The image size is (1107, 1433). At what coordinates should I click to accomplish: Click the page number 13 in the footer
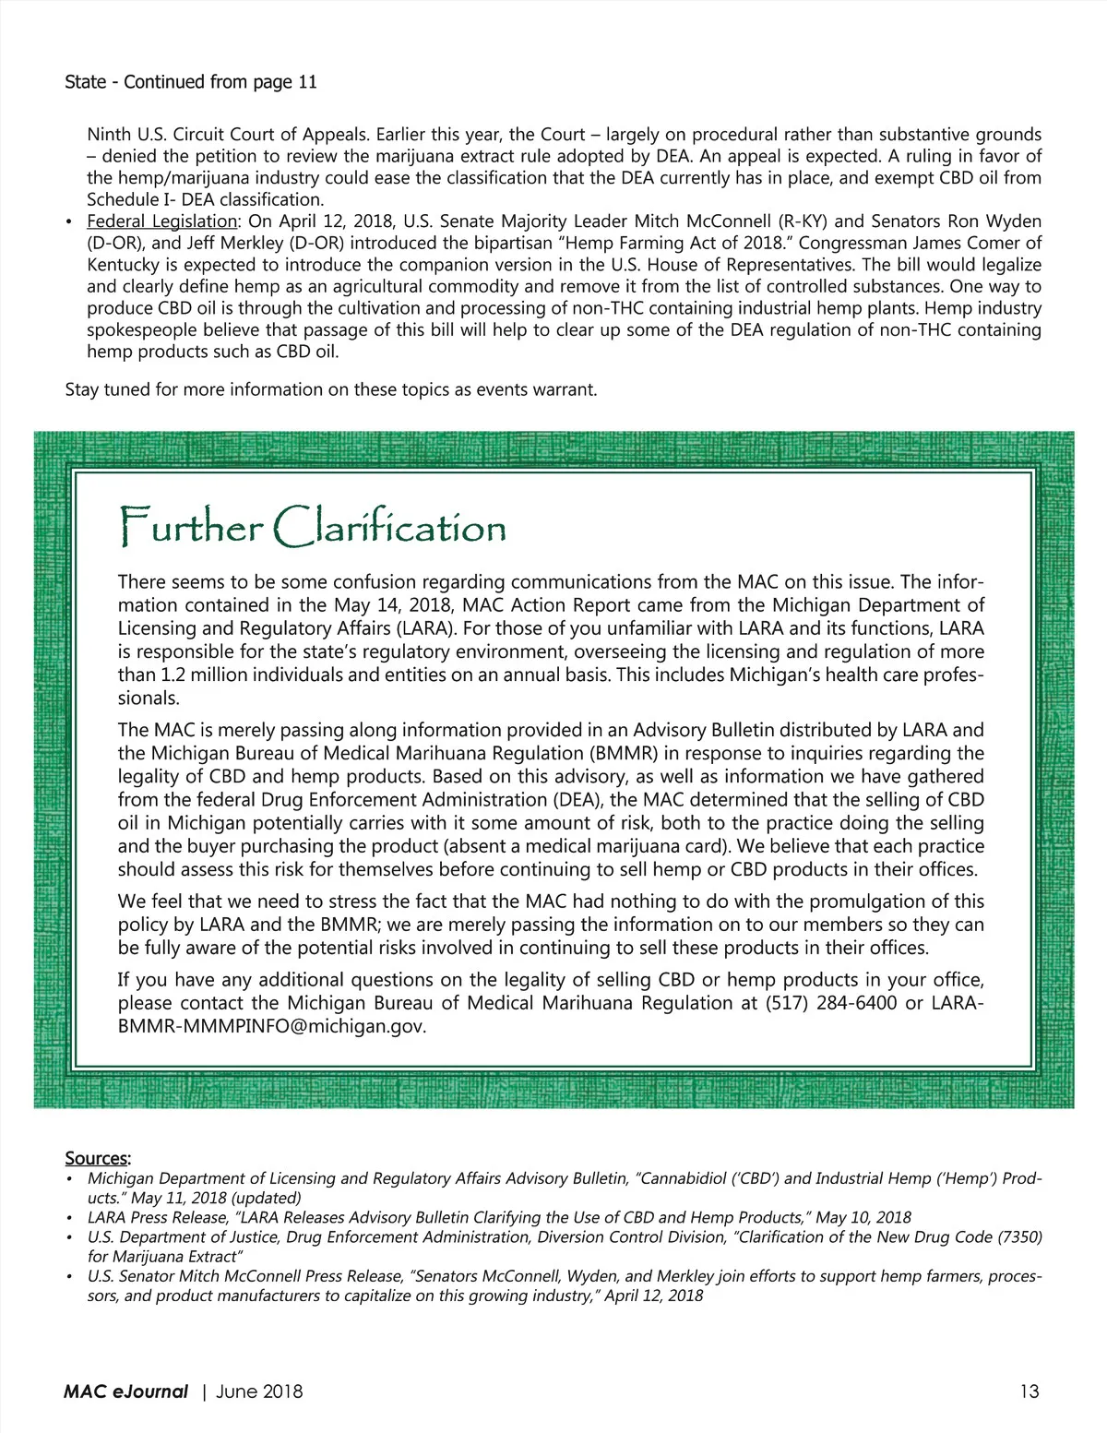(1029, 1391)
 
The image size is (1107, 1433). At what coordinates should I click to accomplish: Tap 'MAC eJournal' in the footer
(125, 1391)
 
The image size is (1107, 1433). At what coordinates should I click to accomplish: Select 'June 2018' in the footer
(259, 1391)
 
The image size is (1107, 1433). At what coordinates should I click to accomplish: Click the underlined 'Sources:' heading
(98, 1158)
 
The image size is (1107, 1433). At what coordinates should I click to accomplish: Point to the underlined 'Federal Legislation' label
(162, 221)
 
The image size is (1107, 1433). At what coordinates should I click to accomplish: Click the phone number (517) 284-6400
(831, 1003)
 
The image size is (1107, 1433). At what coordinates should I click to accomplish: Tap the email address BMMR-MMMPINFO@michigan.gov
(272, 1026)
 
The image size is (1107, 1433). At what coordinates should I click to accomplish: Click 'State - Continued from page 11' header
(191, 82)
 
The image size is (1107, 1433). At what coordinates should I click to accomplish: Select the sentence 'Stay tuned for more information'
(331, 389)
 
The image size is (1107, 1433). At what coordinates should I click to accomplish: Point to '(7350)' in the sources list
(1020, 1237)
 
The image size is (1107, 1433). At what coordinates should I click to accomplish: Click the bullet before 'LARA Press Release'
(69, 1219)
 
